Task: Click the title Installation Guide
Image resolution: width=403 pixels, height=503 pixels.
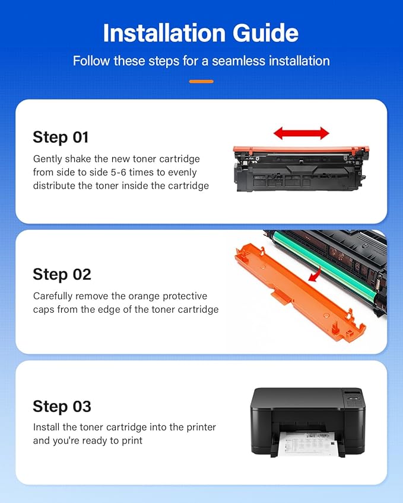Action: pos(201,33)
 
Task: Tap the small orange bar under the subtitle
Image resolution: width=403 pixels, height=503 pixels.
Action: pos(201,81)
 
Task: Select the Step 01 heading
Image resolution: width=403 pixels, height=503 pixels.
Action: pos(61,137)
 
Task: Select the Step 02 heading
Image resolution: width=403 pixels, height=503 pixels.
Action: pos(62,274)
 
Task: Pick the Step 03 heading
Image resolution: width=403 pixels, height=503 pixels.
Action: pos(62,406)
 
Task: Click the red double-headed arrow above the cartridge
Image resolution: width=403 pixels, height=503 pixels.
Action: pos(301,133)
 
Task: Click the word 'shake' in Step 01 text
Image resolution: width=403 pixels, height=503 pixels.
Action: pos(78,159)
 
